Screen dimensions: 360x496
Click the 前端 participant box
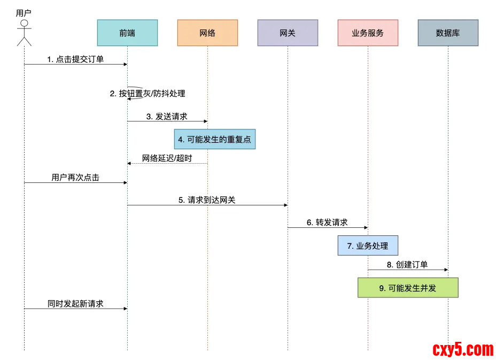pyautogui.click(x=127, y=33)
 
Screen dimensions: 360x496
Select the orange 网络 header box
pyautogui.click(x=207, y=33)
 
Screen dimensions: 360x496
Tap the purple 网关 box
pyautogui.click(x=288, y=33)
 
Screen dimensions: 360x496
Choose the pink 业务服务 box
pyautogui.click(x=368, y=33)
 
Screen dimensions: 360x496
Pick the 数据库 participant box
pyautogui.click(x=448, y=33)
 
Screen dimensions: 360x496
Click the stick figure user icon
pyautogui.click(x=24, y=34)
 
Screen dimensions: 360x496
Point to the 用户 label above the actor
pyautogui.click(x=24, y=13)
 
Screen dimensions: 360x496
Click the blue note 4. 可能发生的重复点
pyautogui.click(x=214, y=139)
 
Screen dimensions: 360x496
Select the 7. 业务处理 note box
pyautogui.click(x=368, y=246)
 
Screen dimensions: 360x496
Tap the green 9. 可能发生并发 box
pyautogui.click(x=408, y=288)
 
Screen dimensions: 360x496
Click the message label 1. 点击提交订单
pyautogui.click(x=75, y=59)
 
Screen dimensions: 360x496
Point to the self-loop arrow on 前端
pyautogui.click(x=137, y=93)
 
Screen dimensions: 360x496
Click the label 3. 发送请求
pyautogui.click(x=167, y=116)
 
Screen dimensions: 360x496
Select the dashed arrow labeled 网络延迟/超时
pyautogui.click(x=167, y=163)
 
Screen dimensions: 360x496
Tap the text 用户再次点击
pyautogui.click(x=75, y=178)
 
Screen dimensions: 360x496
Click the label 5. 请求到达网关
pyautogui.click(x=207, y=200)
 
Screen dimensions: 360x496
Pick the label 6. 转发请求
pyautogui.click(x=327, y=223)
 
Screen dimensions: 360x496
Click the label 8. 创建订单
pyautogui.click(x=407, y=265)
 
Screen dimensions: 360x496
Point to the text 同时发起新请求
pyautogui.click(x=75, y=303)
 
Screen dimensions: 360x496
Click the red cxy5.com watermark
pyautogui.click(x=463, y=349)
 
